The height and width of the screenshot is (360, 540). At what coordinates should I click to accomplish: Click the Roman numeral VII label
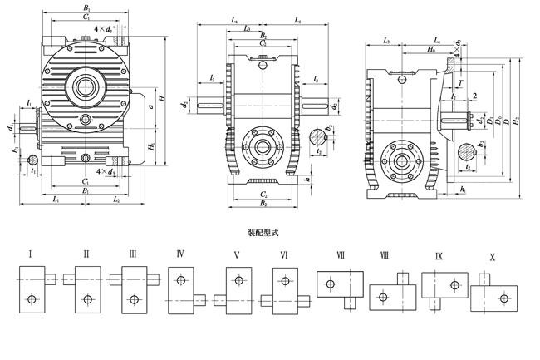click(341, 255)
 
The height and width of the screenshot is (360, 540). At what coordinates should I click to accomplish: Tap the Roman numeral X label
click(493, 258)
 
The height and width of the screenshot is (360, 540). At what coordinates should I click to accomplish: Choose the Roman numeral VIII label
click(385, 255)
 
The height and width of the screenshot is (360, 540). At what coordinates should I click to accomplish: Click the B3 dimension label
click(85, 7)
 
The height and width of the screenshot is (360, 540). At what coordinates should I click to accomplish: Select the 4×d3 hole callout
click(105, 29)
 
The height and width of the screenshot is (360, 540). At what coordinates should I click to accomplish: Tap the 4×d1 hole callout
click(105, 171)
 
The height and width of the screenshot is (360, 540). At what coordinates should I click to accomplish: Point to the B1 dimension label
click(85, 191)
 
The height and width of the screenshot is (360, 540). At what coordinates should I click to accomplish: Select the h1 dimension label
click(462, 190)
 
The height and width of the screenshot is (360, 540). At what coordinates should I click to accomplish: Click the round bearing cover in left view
click(85, 85)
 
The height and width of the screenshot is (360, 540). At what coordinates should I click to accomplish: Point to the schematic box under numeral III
click(134, 289)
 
